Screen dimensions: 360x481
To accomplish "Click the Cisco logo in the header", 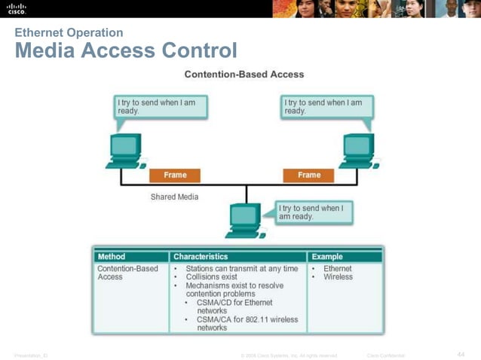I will coord(16,9).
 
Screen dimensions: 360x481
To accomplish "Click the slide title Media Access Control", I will coord(125,51).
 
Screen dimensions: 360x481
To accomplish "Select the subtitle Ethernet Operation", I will coord(69,32).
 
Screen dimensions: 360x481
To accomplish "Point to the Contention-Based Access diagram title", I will coord(244,75).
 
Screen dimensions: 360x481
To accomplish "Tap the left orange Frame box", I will coord(175,175).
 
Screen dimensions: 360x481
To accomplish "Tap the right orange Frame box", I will coord(309,175).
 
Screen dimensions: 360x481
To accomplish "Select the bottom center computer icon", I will coord(245,219).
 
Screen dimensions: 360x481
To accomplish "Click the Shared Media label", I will coord(174,197).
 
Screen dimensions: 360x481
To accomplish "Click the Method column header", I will coord(112,257).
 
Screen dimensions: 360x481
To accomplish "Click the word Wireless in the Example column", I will coord(338,277).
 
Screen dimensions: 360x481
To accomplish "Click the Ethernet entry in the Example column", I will coord(338,268).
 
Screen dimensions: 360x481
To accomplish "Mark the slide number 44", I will coord(461,354).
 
